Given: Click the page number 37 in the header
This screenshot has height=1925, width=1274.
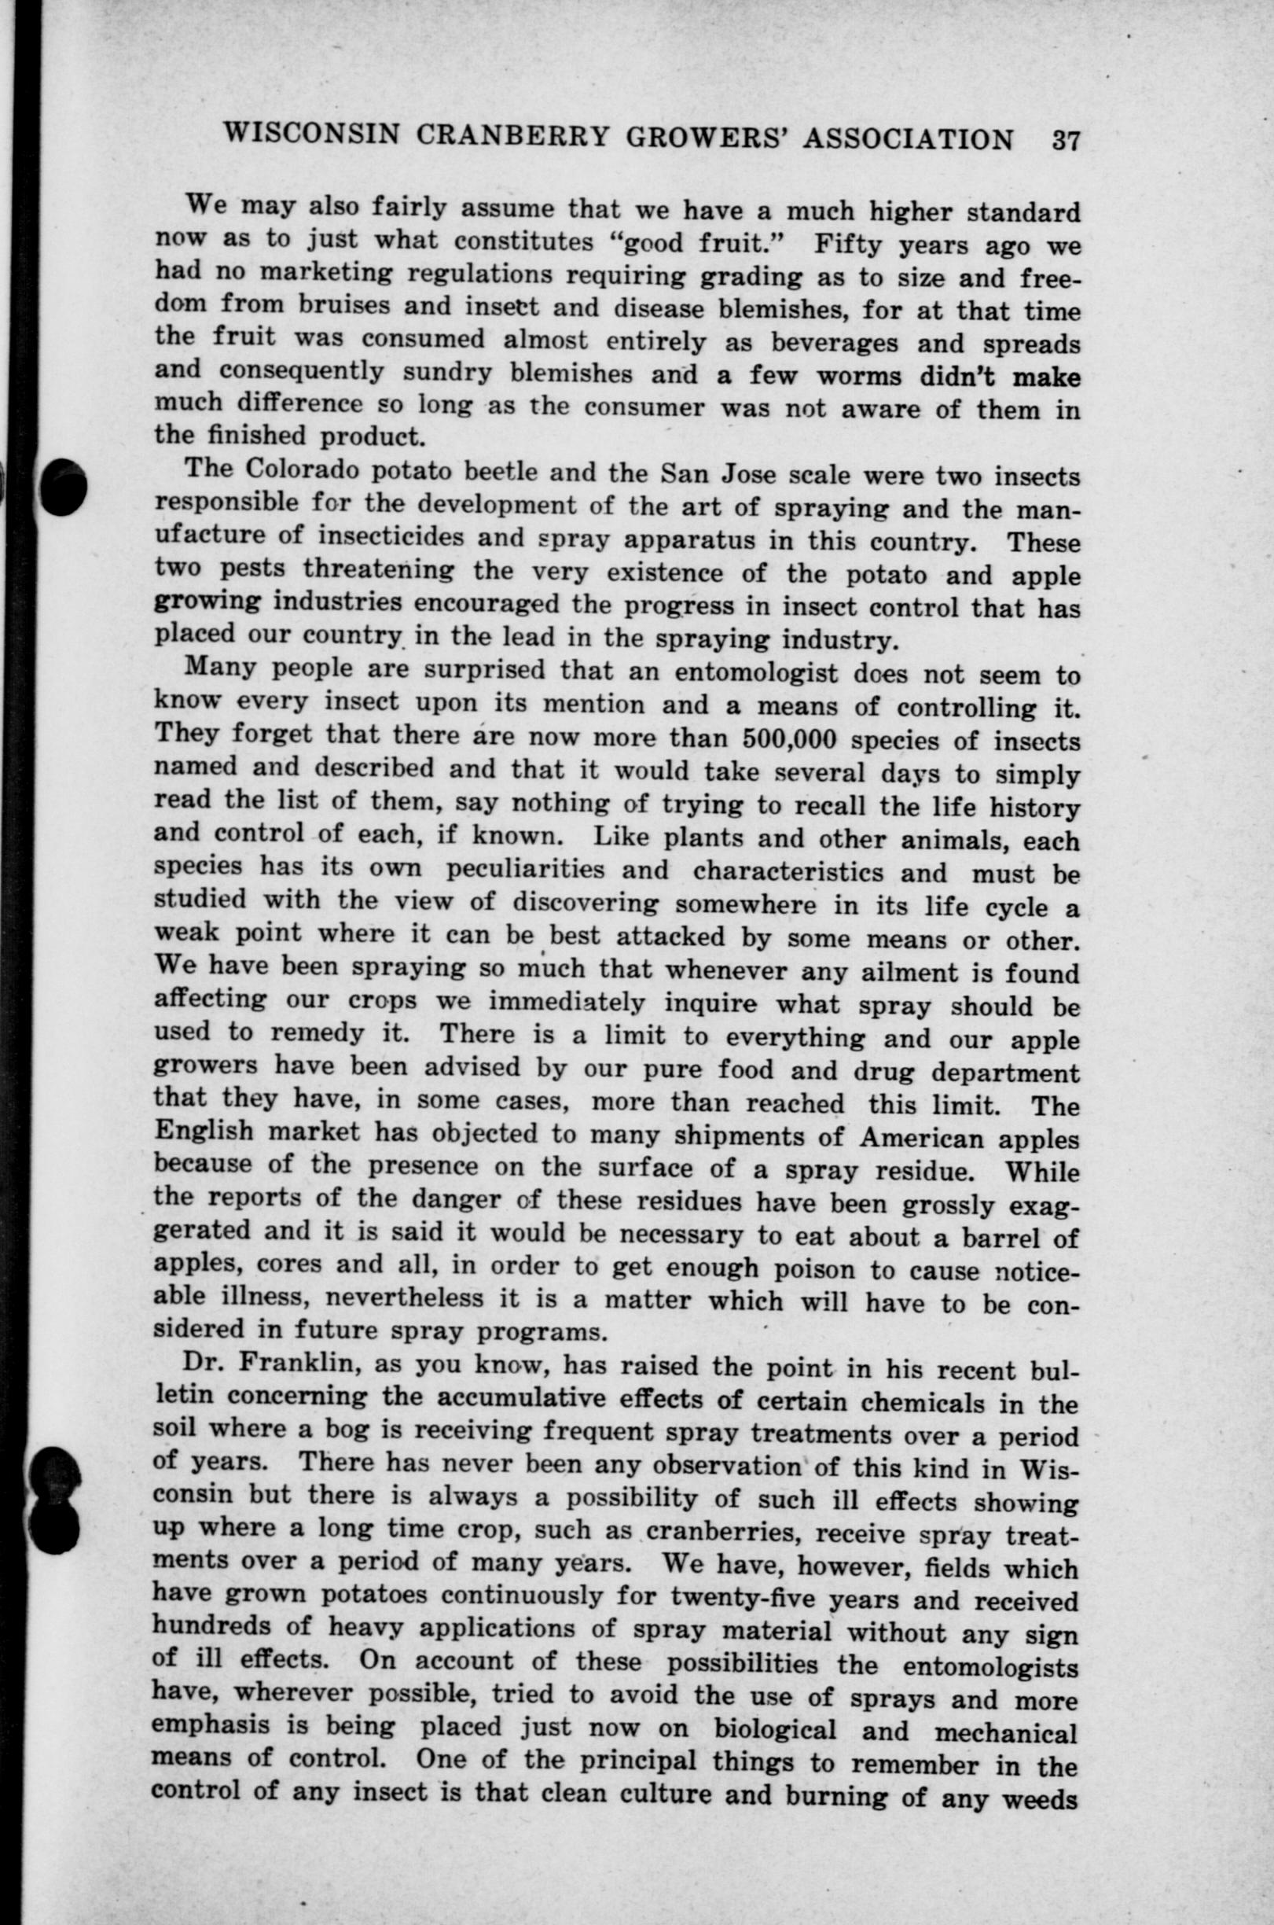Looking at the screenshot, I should pos(1064,140).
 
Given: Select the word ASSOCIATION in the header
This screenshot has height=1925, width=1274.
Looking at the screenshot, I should pos(908,139).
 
